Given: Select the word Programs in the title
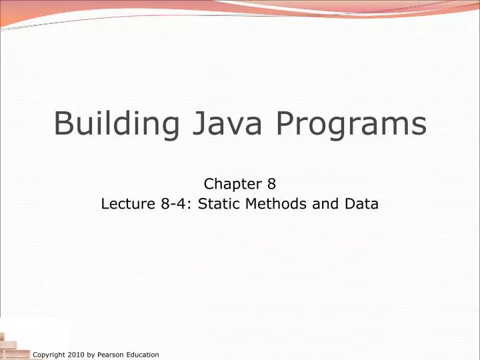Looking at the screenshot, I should pos(346,124).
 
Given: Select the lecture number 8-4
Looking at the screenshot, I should pos(174,204).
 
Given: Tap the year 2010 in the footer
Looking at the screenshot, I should pos(76,355).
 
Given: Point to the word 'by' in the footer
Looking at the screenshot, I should pos(91,355).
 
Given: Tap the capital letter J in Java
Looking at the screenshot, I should pos(189,124).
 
